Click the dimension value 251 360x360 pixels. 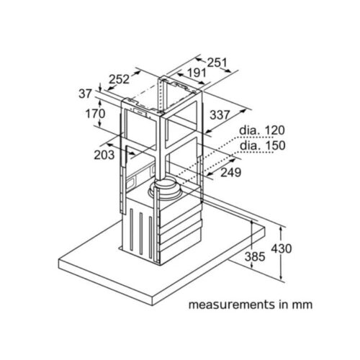(217, 63)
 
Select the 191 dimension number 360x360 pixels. (197, 73)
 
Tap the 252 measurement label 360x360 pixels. (119, 79)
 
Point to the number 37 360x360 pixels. (86, 94)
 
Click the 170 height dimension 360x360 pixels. (96, 114)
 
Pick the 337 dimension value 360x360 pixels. (220, 115)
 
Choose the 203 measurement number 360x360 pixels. (104, 155)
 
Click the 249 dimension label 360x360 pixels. (230, 172)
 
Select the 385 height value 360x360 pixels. (255, 256)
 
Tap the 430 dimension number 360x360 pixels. (282, 248)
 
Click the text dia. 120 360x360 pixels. (262, 130)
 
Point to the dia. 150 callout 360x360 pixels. (263, 145)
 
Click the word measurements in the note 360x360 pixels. (231, 305)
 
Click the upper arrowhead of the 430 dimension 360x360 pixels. (282, 229)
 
